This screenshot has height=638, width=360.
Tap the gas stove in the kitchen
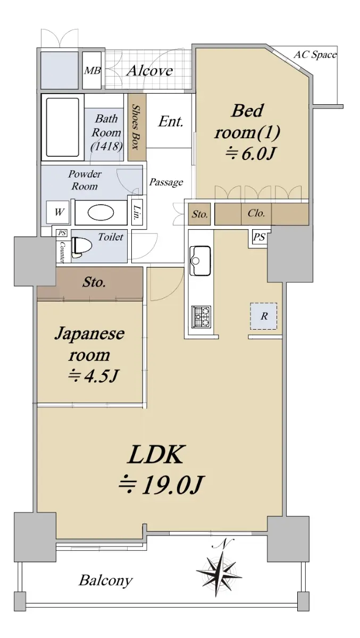click(202, 316)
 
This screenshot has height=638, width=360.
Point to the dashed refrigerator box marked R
click(263, 316)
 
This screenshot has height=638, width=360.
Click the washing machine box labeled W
click(58, 212)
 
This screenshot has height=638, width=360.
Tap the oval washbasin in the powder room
click(101, 213)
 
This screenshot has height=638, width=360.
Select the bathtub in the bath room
click(63, 127)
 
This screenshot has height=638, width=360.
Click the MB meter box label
click(92, 70)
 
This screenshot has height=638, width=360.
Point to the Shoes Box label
click(136, 127)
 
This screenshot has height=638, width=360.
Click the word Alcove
click(149, 70)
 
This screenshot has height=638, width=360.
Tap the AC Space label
click(315, 54)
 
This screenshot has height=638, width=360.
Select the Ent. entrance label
click(171, 122)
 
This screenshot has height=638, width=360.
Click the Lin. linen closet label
click(137, 213)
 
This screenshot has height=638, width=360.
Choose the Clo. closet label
click(256, 213)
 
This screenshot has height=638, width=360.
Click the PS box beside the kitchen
click(259, 237)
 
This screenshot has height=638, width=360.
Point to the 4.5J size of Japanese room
click(93, 376)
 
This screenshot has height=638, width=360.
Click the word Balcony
click(105, 580)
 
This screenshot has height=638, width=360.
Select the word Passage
click(166, 182)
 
